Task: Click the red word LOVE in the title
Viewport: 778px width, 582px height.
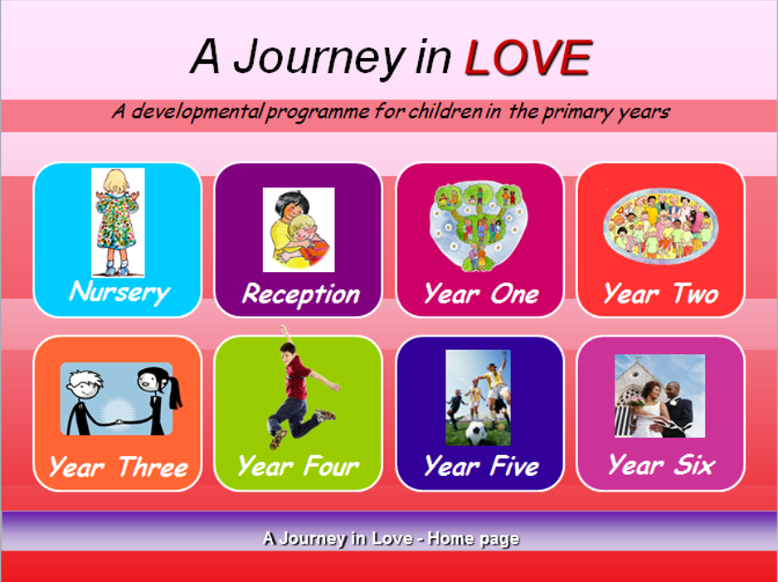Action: (x=528, y=57)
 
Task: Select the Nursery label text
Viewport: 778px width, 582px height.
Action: (x=119, y=292)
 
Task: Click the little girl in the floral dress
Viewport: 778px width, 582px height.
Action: (x=118, y=222)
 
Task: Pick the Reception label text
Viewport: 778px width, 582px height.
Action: (x=301, y=294)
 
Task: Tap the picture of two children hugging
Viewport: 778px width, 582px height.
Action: (x=299, y=230)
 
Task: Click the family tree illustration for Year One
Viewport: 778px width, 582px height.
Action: (x=479, y=226)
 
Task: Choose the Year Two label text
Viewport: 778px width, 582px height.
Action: (x=661, y=294)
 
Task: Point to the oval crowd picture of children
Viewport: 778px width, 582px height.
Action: (x=660, y=226)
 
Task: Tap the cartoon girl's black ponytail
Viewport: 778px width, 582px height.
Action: (x=174, y=393)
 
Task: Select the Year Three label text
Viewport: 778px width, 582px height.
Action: (x=119, y=467)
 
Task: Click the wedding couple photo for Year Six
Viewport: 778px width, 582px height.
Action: (x=660, y=396)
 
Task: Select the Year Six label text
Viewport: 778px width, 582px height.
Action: (x=661, y=465)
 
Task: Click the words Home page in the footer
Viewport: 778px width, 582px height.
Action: (x=474, y=539)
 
